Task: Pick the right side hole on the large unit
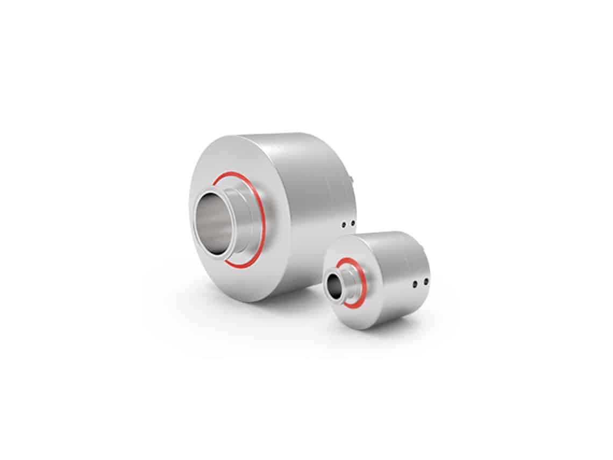coord(353,222)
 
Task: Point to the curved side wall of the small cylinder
coord(398,264)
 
